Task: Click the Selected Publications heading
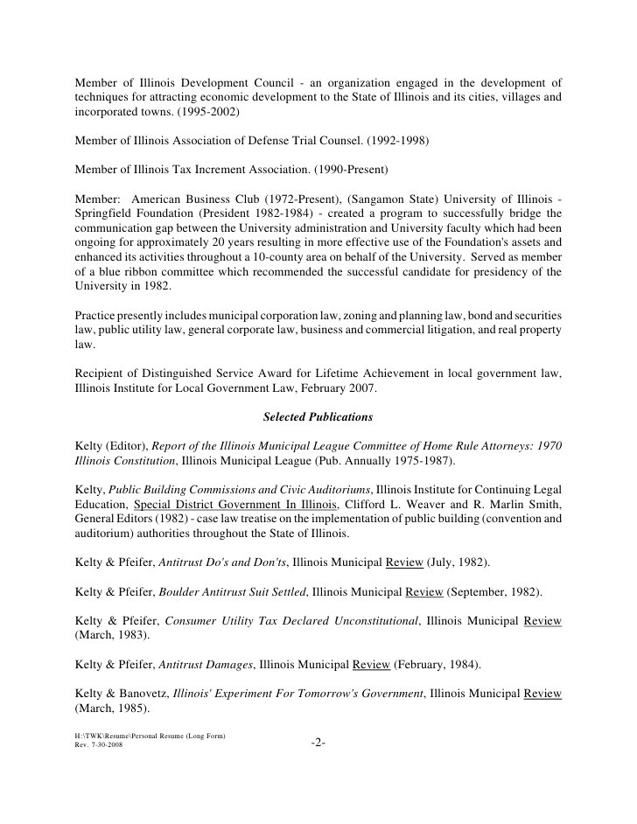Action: click(x=318, y=417)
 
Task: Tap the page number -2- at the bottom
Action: click(x=318, y=744)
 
